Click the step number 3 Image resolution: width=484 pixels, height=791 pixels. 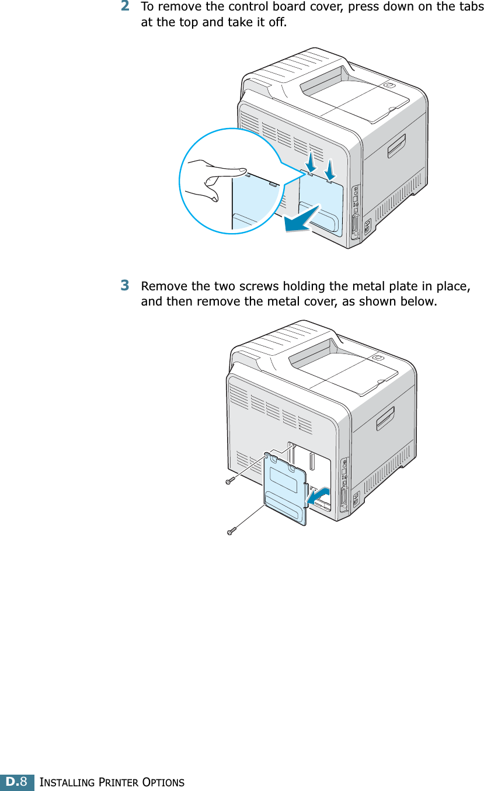coord(125,286)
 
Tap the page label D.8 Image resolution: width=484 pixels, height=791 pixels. coord(16,782)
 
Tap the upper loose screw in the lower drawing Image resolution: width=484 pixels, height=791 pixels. coord(229,482)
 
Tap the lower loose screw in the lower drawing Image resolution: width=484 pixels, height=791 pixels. coord(232,532)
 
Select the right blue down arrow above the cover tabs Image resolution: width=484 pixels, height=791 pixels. coord(330,169)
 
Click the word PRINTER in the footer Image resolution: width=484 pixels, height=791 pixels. coord(111,782)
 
